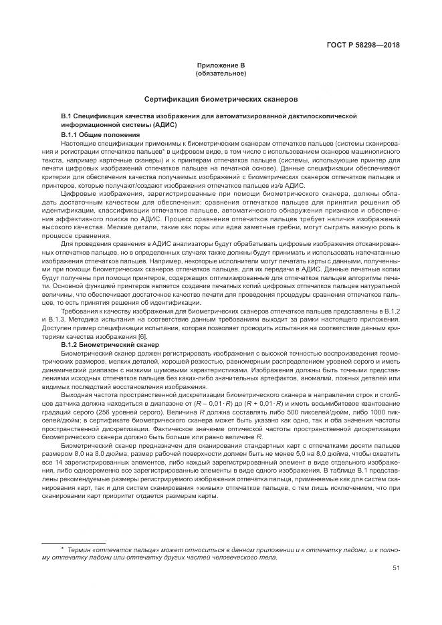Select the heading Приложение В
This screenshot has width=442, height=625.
click(221, 65)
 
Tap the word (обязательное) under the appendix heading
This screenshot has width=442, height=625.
click(221, 72)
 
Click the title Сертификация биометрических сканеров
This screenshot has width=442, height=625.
click(221, 98)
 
